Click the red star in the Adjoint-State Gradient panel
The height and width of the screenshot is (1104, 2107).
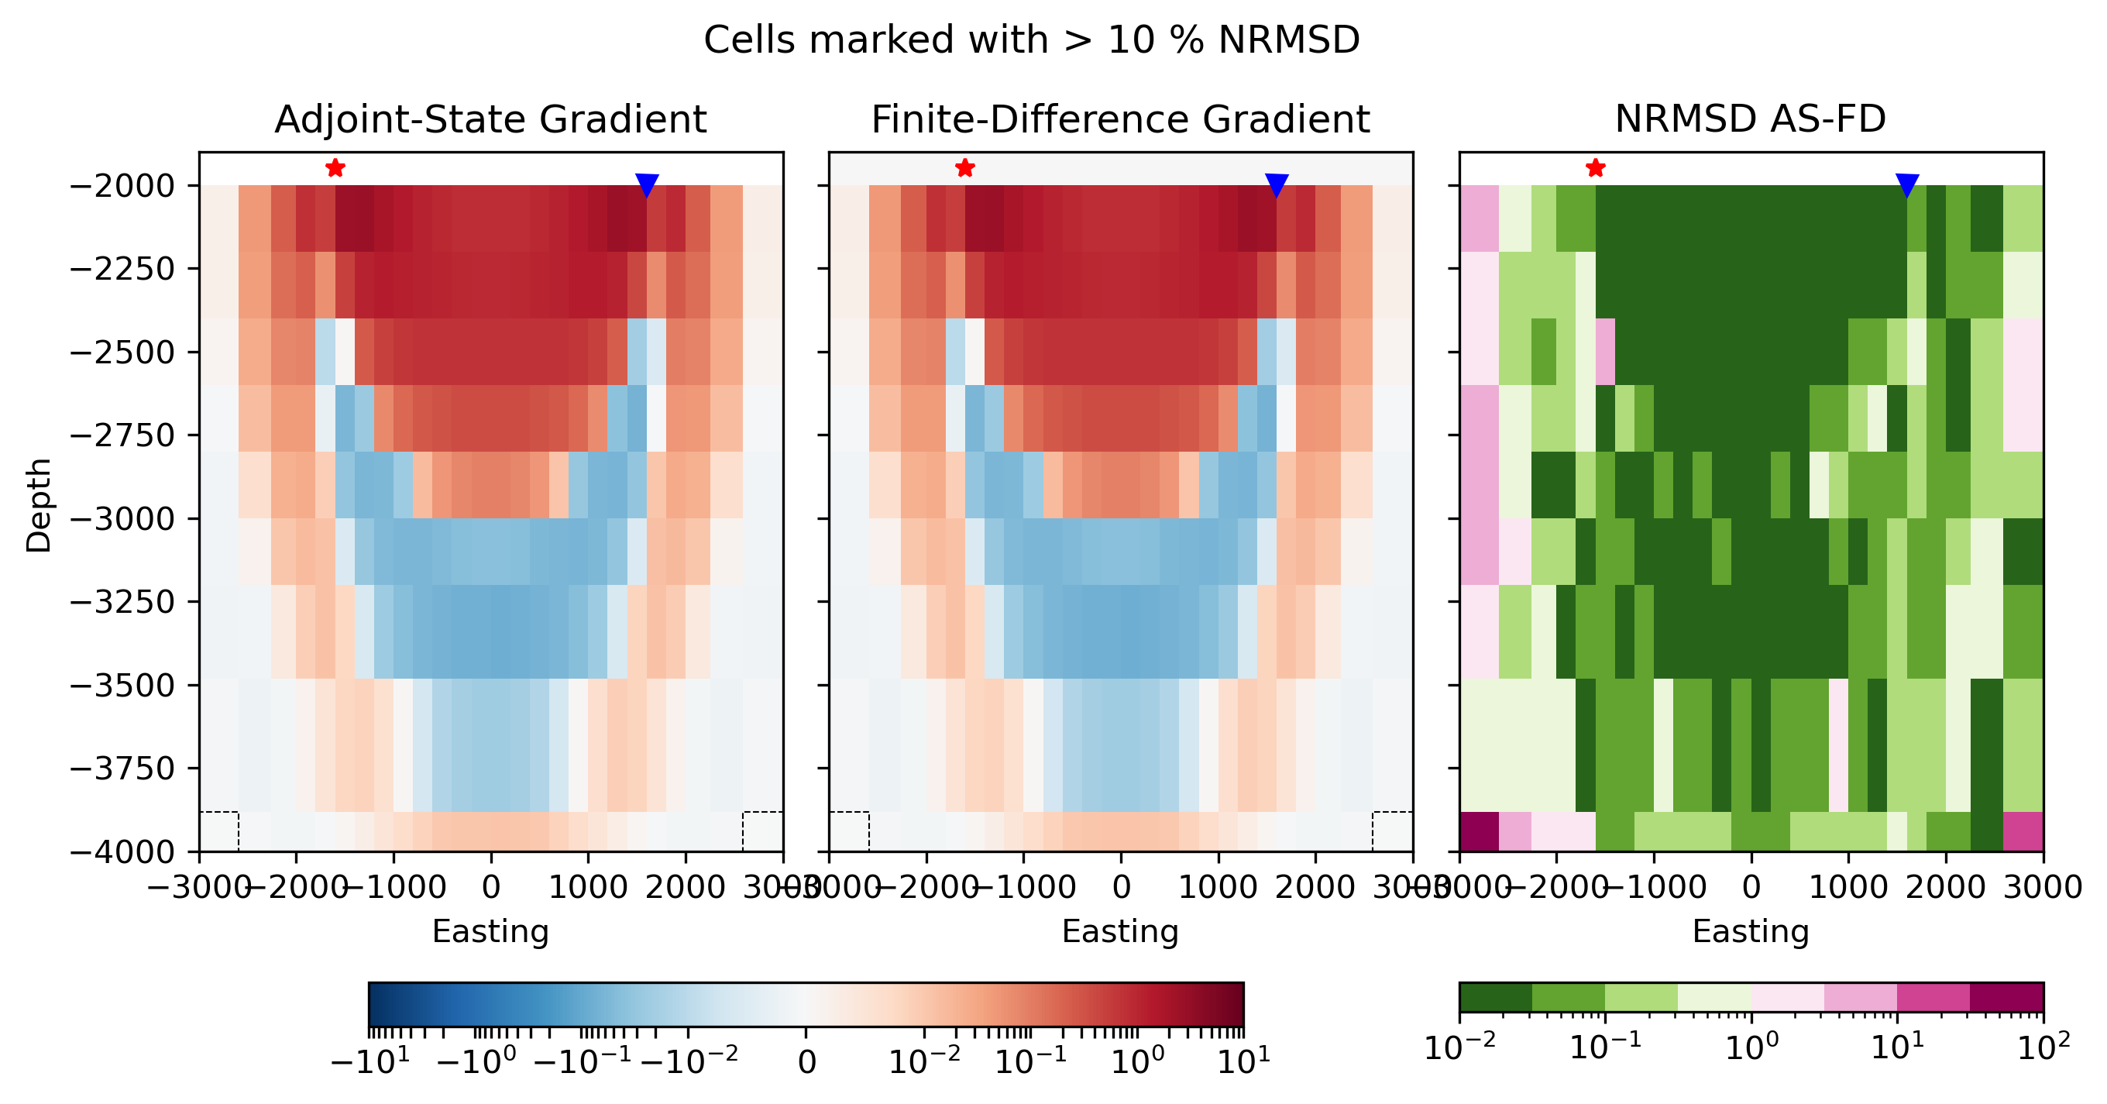point(335,168)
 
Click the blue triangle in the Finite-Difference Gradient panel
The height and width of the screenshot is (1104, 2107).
point(1276,185)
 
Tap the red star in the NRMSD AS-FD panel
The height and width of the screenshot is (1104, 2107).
point(1595,168)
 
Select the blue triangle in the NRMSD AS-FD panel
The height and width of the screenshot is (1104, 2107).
point(1906,185)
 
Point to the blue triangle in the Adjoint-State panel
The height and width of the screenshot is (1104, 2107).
point(646,185)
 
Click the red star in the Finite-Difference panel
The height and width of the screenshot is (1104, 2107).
point(964,168)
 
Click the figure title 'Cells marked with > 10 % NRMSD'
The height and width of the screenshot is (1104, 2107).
point(1031,40)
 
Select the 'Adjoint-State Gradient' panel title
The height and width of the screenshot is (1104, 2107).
point(491,119)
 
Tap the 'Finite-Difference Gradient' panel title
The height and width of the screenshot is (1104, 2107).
point(1120,119)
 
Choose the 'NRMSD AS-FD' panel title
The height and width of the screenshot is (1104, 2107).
point(1751,119)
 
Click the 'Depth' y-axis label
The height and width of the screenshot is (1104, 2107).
point(39,505)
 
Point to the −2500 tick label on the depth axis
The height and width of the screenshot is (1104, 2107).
point(122,353)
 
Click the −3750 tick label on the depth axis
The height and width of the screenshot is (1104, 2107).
point(122,769)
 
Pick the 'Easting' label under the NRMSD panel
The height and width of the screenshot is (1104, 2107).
point(1751,931)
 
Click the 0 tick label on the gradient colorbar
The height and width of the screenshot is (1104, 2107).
point(806,1062)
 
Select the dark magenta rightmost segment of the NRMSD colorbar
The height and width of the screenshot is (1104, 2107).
point(2006,997)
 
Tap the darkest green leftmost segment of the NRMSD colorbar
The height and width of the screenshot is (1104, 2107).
point(1495,997)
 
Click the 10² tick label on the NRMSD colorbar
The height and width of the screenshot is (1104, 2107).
point(2043,1047)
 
